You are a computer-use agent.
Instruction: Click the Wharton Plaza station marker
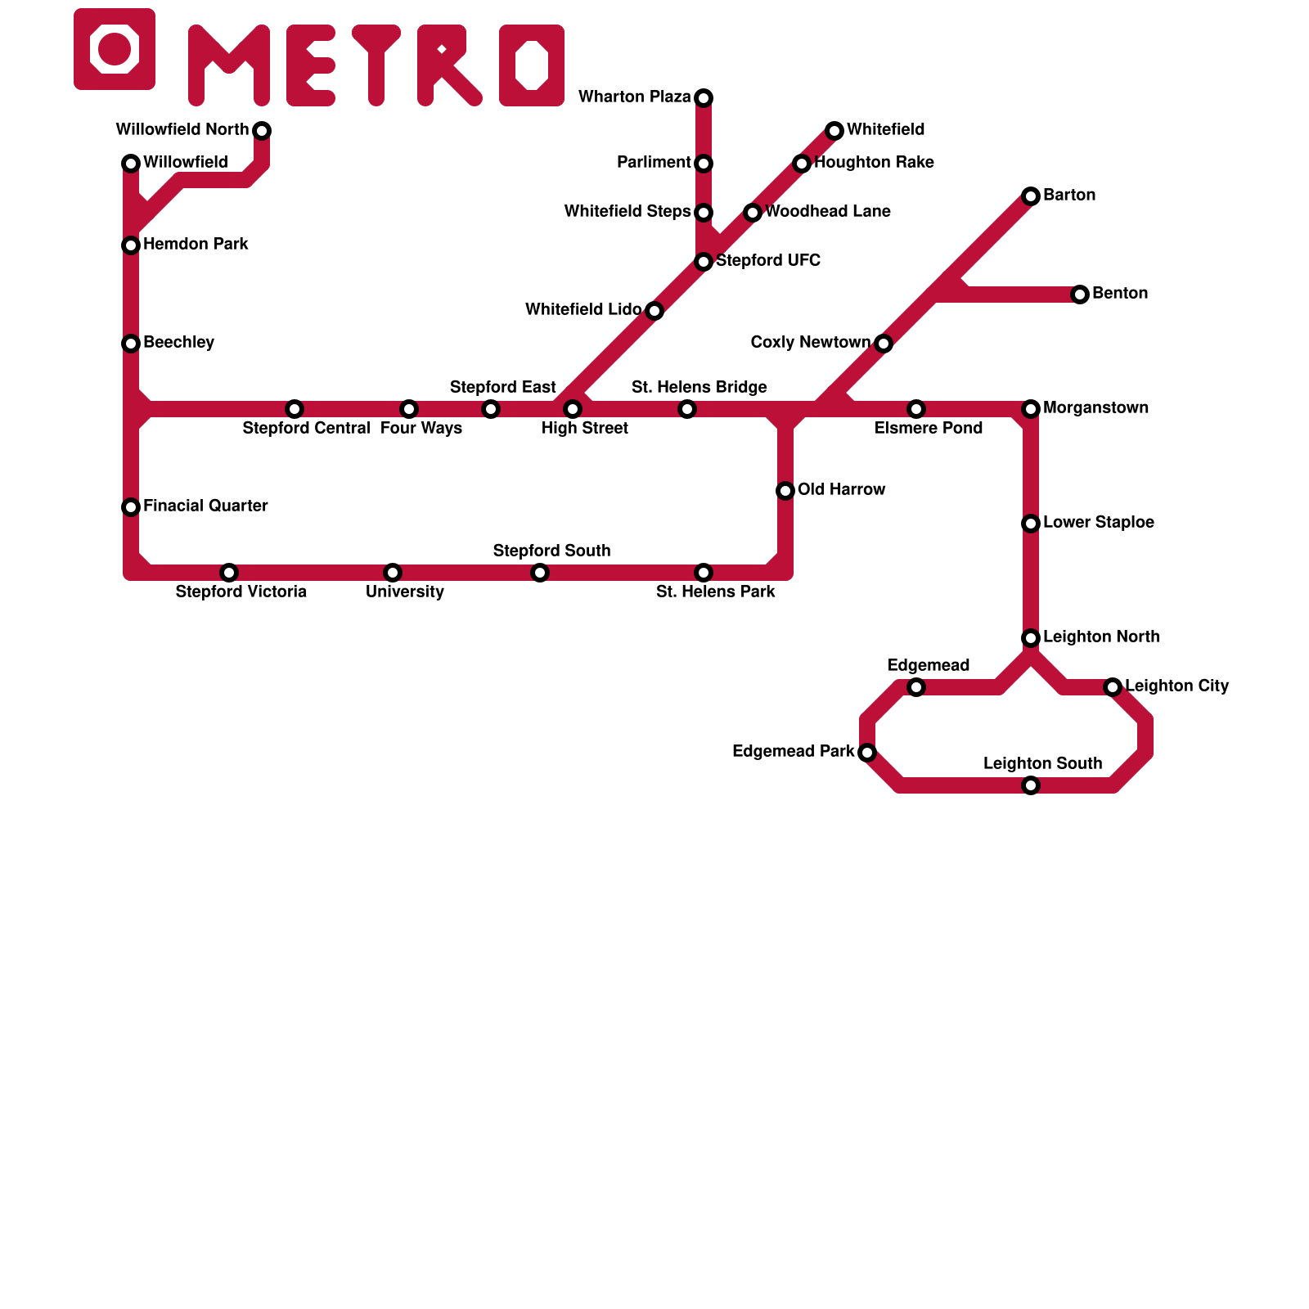point(704,98)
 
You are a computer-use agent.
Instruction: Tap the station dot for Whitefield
point(834,131)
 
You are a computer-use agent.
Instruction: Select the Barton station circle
point(1031,196)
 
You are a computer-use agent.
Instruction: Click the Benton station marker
point(1080,295)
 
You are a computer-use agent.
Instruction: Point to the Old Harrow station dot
point(785,491)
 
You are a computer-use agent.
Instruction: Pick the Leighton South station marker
point(1031,785)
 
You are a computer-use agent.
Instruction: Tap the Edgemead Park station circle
point(867,753)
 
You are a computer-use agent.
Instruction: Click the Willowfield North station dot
point(262,131)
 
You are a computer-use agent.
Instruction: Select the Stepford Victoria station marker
point(229,573)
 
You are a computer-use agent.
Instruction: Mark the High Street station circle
point(573,409)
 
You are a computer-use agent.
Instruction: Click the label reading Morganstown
point(1095,407)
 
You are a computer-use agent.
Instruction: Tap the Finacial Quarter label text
point(205,506)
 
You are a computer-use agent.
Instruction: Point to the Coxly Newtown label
point(810,342)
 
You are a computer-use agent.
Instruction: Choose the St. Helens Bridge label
point(699,387)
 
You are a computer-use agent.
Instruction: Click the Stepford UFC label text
point(767,260)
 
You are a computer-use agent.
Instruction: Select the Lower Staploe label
point(1099,522)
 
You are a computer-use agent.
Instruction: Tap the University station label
point(405,592)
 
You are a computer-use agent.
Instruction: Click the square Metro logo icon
point(115,49)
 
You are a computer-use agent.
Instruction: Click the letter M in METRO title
point(229,65)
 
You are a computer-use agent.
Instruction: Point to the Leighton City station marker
point(1113,687)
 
